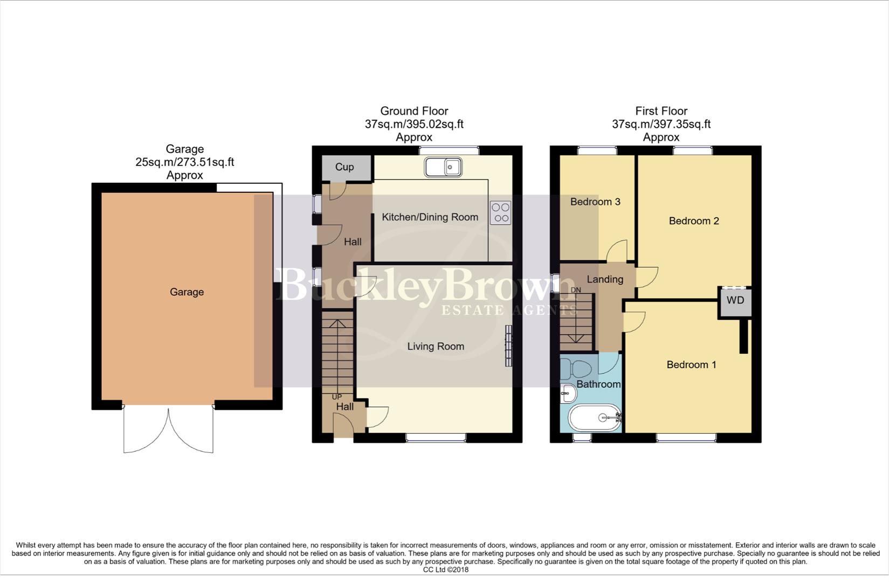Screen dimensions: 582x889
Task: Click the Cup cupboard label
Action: (x=344, y=167)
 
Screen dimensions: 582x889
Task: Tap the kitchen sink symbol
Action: (x=443, y=167)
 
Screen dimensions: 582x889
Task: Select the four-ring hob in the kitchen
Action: (x=501, y=212)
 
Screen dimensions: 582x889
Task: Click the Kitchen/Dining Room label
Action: (x=430, y=217)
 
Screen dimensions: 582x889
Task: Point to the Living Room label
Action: (x=436, y=347)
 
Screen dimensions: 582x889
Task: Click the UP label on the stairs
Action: (x=337, y=397)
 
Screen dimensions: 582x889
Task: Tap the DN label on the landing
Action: (x=576, y=290)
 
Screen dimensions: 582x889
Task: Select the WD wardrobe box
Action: (x=735, y=301)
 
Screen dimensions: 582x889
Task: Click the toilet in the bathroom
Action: (x=575, y=370)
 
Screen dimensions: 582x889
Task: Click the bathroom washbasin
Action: (x=567, y=393)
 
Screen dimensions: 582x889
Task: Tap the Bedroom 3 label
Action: (x=595, y=202)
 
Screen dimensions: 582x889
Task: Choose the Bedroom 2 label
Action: (x=694, y=221)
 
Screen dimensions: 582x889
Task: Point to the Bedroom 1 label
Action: (x=691, y=365)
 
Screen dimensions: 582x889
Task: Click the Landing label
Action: (x=605, y=279)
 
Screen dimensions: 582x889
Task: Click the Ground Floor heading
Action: (x=414, y=111)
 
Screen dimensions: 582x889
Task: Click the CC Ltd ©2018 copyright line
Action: (x=445, y=570)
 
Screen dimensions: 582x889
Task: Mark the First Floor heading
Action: (x=661, y=111)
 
